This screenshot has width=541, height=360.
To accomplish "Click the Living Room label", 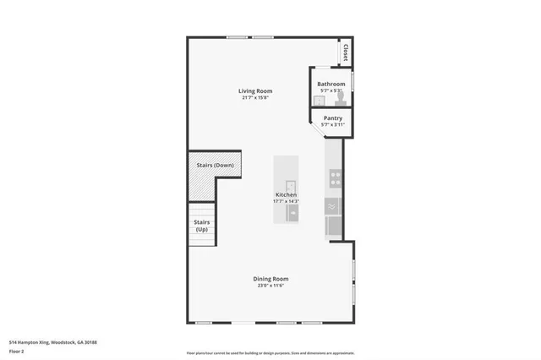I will coord(254,91).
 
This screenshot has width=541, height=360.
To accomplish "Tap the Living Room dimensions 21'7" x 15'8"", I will coord(254,98).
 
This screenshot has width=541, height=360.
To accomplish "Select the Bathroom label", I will coord(331,84).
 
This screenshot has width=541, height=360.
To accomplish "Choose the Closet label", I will coord(345,52).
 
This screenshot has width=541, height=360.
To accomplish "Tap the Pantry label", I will coord(332,118).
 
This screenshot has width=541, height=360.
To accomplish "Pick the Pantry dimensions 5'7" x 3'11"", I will coord(332,125).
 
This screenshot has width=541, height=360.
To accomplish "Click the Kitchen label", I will coord(285,194).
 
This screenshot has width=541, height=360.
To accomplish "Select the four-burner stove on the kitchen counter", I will coord(335,178).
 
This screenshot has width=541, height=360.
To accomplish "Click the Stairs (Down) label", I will coord(214,165).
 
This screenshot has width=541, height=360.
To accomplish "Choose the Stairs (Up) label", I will coord(202,226).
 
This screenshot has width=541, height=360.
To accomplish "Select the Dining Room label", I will coord(270,279).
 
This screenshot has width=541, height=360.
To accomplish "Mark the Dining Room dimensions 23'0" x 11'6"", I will coord(270,286).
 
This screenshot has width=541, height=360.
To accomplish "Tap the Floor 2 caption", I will coord(17,350).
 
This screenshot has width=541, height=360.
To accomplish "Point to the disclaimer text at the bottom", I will coord(270,352).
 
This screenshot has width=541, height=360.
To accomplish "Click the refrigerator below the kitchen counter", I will coord(334,226).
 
